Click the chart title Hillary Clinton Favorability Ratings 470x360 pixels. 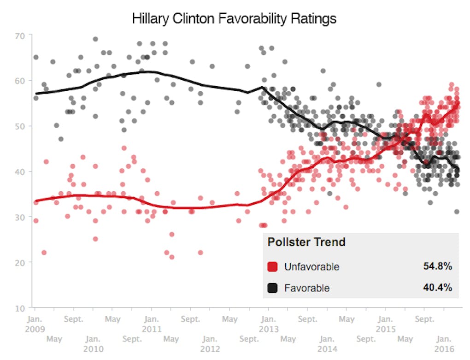(x=234, y=19)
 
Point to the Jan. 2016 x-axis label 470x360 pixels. (x=444, y=344)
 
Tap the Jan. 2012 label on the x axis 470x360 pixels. (x=210, y=344)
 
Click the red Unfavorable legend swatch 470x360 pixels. (x=272, y=266)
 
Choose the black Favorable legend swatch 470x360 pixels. (x=272, y=288)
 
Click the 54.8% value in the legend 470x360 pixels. (x=437, y=266)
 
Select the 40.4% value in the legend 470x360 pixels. (x=437, y=288)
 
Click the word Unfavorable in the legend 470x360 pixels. (x=311, y=266)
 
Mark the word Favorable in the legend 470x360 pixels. (x=307, y=288)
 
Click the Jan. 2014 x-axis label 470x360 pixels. (x=327, y=344)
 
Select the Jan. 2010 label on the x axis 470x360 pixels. (x=93, y=344)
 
